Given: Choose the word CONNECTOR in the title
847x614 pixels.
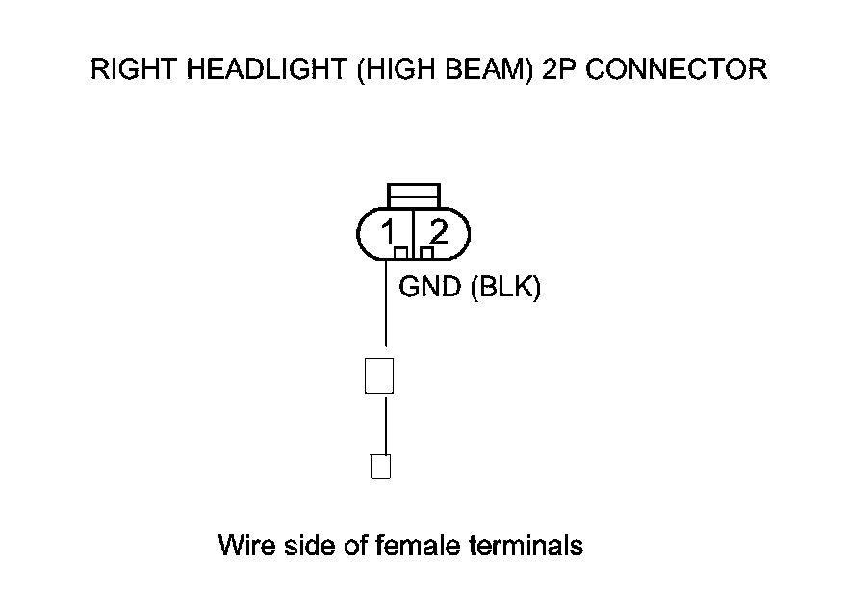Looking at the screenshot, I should click(679, 70).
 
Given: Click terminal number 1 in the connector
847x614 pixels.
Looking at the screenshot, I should click(388, 232).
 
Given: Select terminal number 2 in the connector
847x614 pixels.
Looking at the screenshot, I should click(438, 232).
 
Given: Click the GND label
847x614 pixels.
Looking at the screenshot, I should click(430, 288).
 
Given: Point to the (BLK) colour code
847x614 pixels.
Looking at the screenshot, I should click(504, 288).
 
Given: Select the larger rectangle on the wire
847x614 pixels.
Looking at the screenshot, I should click(379, 375).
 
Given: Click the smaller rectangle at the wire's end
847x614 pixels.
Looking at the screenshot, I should click(380, 467).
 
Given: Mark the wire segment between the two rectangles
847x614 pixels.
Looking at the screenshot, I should click(385, 423).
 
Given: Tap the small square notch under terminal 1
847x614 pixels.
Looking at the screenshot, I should click(401, 253).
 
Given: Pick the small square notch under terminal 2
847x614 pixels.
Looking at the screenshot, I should click(426, 253).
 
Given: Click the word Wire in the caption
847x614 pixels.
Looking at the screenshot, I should click(246, 546).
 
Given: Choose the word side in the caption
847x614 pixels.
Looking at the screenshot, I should click(305, 546).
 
